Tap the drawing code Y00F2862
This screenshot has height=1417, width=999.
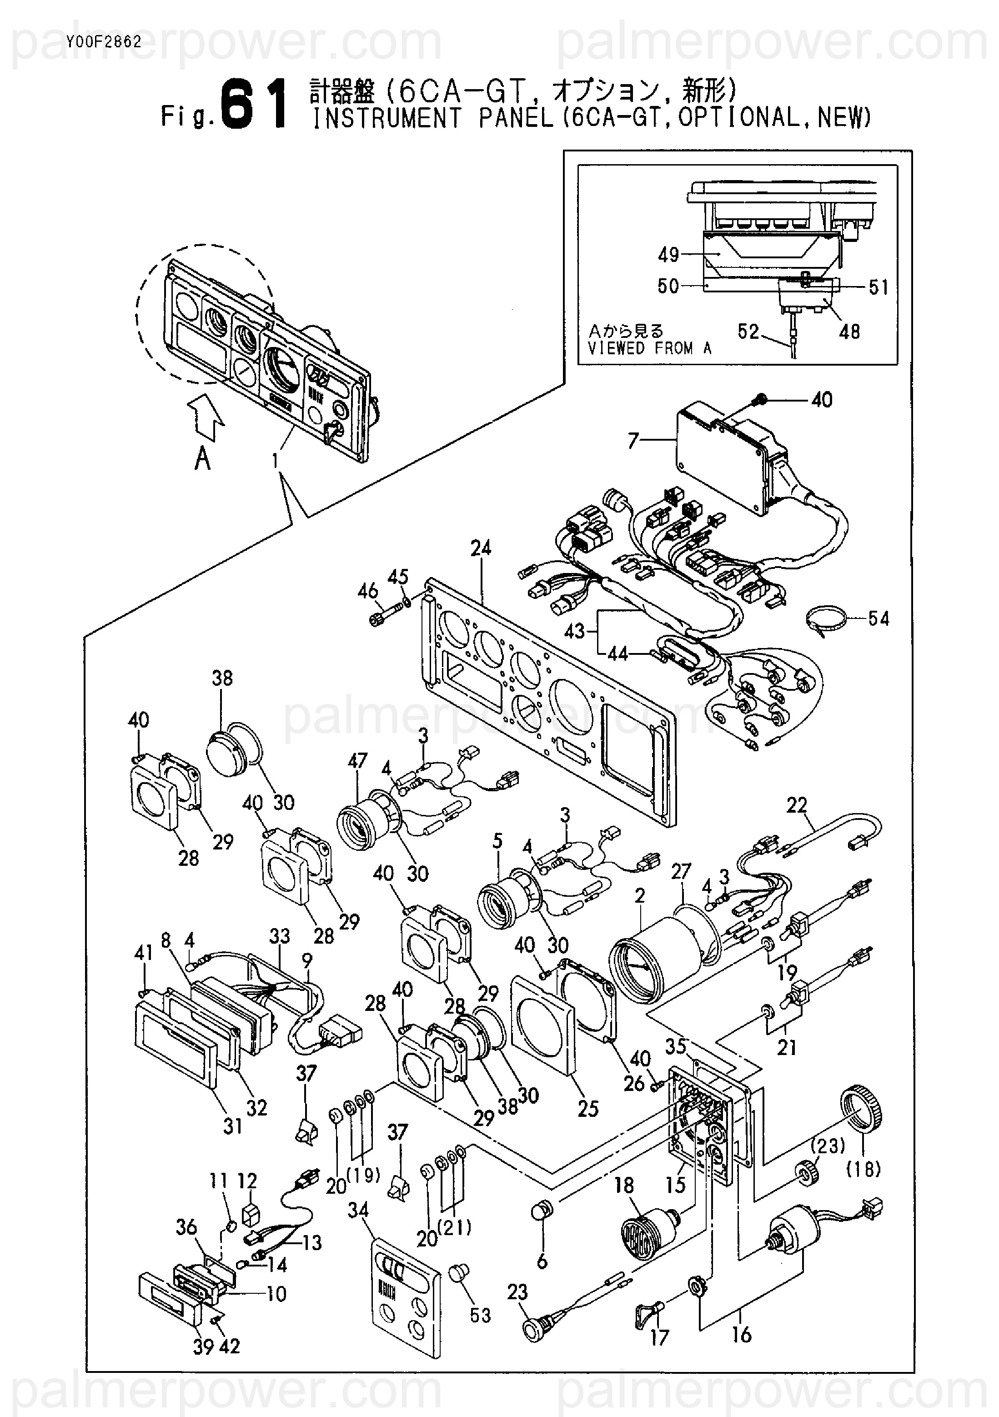102,42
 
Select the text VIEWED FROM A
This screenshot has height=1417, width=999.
649,349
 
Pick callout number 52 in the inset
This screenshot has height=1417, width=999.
748,332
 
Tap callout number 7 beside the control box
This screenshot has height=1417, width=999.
633,441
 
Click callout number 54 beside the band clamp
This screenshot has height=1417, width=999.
878,618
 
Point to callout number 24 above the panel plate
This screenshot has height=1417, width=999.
481,548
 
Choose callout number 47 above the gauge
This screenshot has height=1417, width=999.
358,761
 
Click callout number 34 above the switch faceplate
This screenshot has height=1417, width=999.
358,1210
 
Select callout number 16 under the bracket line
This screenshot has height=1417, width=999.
741,1335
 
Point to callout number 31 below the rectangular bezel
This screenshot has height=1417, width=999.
233,1126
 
